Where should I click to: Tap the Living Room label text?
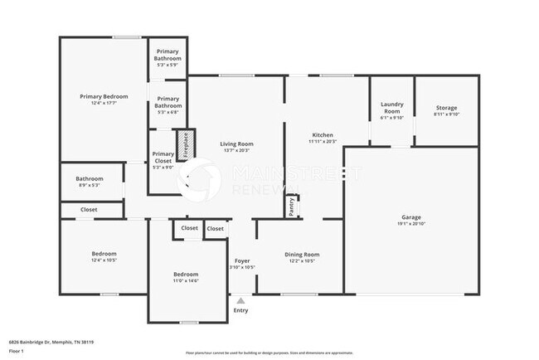click(x=236, y=144)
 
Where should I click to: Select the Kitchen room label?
click(x=323, y=135)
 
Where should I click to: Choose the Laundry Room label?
click(x=391, y=108)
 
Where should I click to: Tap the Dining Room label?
click(x=302, y=255)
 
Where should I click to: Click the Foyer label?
click(x=242, y=260)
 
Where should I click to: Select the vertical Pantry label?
click(x=291, y=206)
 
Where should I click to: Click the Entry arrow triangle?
click(x=240, y=301)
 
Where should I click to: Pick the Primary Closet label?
click(x=163, y=158)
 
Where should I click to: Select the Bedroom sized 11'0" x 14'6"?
click(x=186, y=275)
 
